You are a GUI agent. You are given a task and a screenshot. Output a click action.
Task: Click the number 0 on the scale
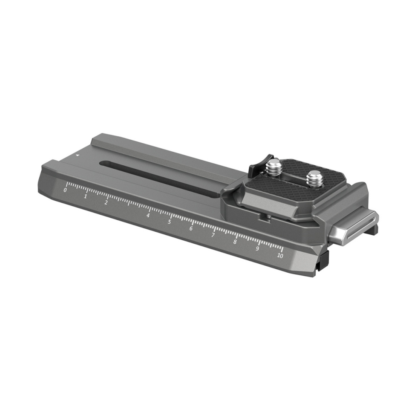coord(65,190)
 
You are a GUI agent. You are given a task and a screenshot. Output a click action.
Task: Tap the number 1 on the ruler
coord(86,196)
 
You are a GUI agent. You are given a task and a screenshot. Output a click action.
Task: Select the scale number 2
coord(106,202)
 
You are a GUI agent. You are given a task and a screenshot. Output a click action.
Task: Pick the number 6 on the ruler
coord(191,228)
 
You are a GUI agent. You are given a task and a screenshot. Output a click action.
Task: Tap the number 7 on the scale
coord(213,235)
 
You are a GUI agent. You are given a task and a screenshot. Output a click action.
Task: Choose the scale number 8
coord(235,242)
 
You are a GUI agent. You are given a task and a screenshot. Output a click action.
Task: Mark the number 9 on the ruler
coord(257,248)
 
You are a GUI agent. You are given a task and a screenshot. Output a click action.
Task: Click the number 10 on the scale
coord(280,256)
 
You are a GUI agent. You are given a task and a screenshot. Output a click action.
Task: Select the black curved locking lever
coord(258,164)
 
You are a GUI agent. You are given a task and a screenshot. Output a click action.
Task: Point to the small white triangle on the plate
coord(78,156)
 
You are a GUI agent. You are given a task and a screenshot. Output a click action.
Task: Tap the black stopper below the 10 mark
coord(324,260)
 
